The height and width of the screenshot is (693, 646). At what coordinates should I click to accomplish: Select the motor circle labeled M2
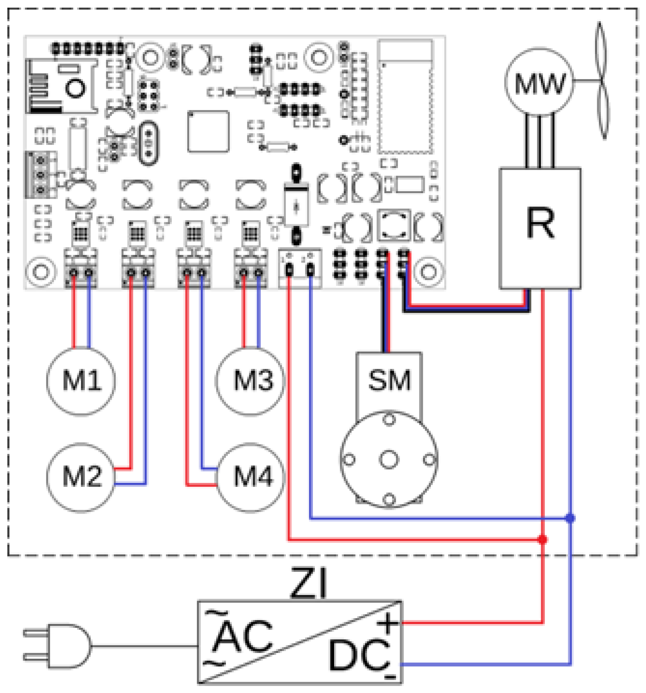click(81, 476)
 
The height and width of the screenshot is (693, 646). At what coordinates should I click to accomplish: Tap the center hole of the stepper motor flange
click(389, 459)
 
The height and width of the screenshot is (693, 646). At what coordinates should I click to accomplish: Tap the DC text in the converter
click(357, 656)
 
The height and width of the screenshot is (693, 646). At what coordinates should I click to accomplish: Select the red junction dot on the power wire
click(542, 539)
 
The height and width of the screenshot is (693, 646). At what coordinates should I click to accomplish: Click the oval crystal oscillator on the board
click(149, 143)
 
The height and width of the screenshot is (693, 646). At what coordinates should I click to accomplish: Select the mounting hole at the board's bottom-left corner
click(41, 271)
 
